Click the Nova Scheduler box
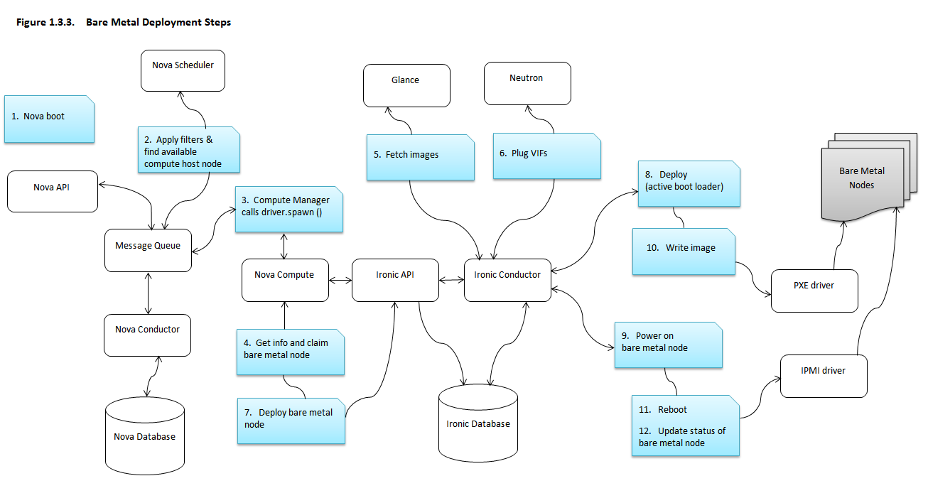(x=183, y=70)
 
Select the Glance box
(x=406, y=85)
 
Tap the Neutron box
(x=527, y=82)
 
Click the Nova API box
(x=53, y=191)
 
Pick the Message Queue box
(x=148, y=250)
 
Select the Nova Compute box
(x=285, y=280)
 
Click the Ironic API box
(x=395, y=280)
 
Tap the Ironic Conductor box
(x=507, y=280)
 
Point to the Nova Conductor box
(x=148, y=335)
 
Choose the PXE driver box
(x=814, y=291)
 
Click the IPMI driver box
(x=824, y=376)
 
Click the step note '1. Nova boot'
(x=49, y=119)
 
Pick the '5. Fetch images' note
(x=420, y=158)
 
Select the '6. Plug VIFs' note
(x=546, y=156)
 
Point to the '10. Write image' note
(x=684, y=251)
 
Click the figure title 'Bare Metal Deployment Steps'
(x=158, y=22)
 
